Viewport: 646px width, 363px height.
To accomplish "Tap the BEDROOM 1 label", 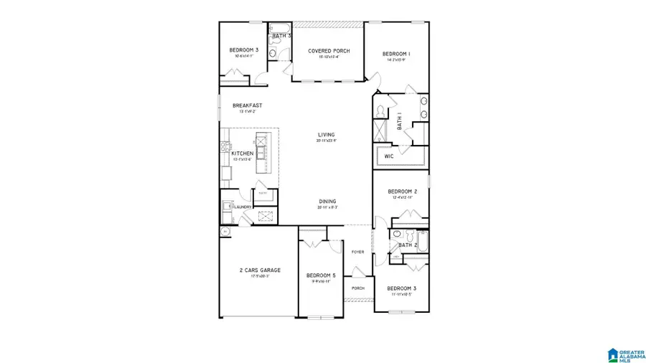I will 395,54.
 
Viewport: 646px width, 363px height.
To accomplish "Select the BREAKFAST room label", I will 247,105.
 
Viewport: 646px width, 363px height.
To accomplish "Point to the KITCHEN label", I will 242,154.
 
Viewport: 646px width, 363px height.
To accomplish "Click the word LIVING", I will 327,134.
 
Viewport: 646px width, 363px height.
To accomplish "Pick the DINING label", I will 327,202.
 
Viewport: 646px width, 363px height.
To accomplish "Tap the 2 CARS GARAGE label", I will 260,270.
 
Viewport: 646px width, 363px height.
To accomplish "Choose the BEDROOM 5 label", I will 320,275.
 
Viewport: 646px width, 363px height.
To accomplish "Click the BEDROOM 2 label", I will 403,192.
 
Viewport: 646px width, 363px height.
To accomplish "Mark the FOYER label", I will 357,252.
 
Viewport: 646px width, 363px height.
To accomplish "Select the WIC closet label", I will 389,156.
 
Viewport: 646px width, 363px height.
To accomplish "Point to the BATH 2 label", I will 408,245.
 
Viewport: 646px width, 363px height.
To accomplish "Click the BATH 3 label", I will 281,36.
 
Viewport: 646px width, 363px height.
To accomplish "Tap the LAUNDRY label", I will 243,207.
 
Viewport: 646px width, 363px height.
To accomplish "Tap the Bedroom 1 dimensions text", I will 395,60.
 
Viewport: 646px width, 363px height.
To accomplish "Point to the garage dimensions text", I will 260,276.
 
